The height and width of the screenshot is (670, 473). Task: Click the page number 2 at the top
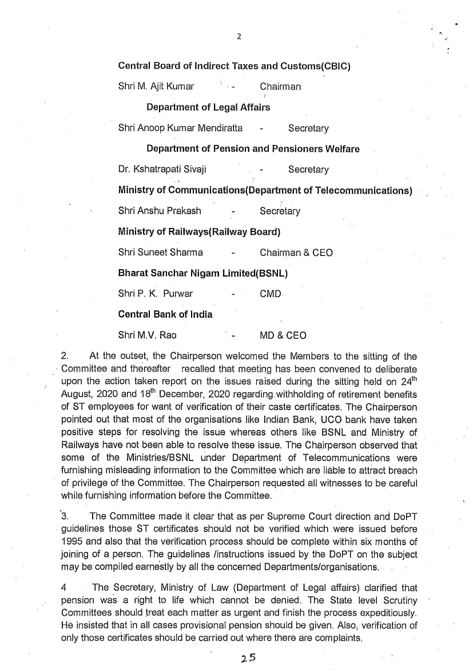239,37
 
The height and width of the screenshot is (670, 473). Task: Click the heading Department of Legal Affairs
208,107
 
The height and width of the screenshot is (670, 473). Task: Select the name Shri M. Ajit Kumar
156,86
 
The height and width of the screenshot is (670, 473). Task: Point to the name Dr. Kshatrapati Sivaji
162,170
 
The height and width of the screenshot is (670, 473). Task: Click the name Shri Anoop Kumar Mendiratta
180,128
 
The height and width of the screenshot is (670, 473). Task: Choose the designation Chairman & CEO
296,253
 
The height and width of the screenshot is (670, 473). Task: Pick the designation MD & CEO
283,336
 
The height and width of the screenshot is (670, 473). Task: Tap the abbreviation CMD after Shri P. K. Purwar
271,294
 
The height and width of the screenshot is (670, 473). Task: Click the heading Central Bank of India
165,314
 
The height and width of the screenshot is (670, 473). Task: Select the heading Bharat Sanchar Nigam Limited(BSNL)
202,273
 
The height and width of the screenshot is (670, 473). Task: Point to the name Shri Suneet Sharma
160,253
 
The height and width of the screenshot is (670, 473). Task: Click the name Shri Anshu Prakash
160,211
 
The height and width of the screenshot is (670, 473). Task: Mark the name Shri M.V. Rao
147,336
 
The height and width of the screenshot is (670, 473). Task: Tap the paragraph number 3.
65,516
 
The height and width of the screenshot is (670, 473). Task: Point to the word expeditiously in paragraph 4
387,613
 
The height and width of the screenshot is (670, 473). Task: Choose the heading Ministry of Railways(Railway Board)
198,232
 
